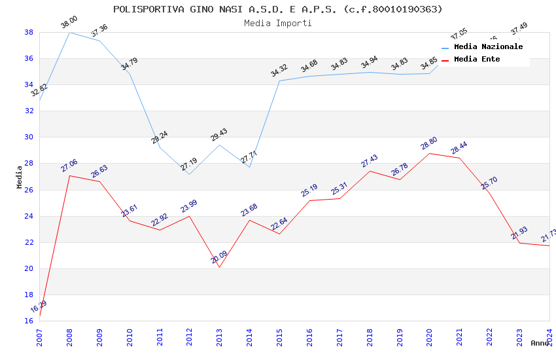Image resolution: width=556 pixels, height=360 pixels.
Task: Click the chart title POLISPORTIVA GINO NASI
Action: coord(277,9)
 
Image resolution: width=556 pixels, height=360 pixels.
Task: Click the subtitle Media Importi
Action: coord(277,23)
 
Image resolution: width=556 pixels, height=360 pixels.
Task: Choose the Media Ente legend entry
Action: coord(477,59)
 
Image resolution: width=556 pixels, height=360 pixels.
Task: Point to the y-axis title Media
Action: coord(20,177)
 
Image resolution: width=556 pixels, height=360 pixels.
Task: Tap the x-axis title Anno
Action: coord(540,343)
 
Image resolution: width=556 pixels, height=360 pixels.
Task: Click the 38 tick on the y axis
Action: coord(29,32)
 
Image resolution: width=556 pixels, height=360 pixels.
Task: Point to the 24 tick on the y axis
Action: coord(29,216)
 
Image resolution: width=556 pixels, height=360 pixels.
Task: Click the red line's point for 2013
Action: coord(219,267)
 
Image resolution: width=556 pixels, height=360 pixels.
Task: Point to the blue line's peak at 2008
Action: coord(69,32)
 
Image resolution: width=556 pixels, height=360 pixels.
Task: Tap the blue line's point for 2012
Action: coord(189,174)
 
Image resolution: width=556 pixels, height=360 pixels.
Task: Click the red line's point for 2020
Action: coord(429,153)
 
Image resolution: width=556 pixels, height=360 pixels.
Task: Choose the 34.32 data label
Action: coord(279,71)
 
